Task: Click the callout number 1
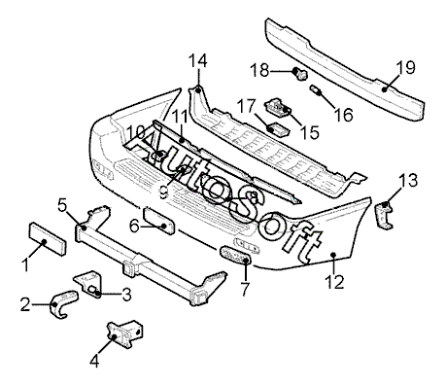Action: [26, 263]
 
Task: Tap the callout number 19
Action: [405, 68]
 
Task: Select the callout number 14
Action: [197, 60]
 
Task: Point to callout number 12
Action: [335, 281]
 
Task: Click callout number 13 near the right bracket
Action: [408, 180]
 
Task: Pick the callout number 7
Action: [245, 289]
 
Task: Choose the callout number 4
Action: [94, 360]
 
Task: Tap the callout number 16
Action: [343, 115]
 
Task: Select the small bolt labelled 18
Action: [299, 74]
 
